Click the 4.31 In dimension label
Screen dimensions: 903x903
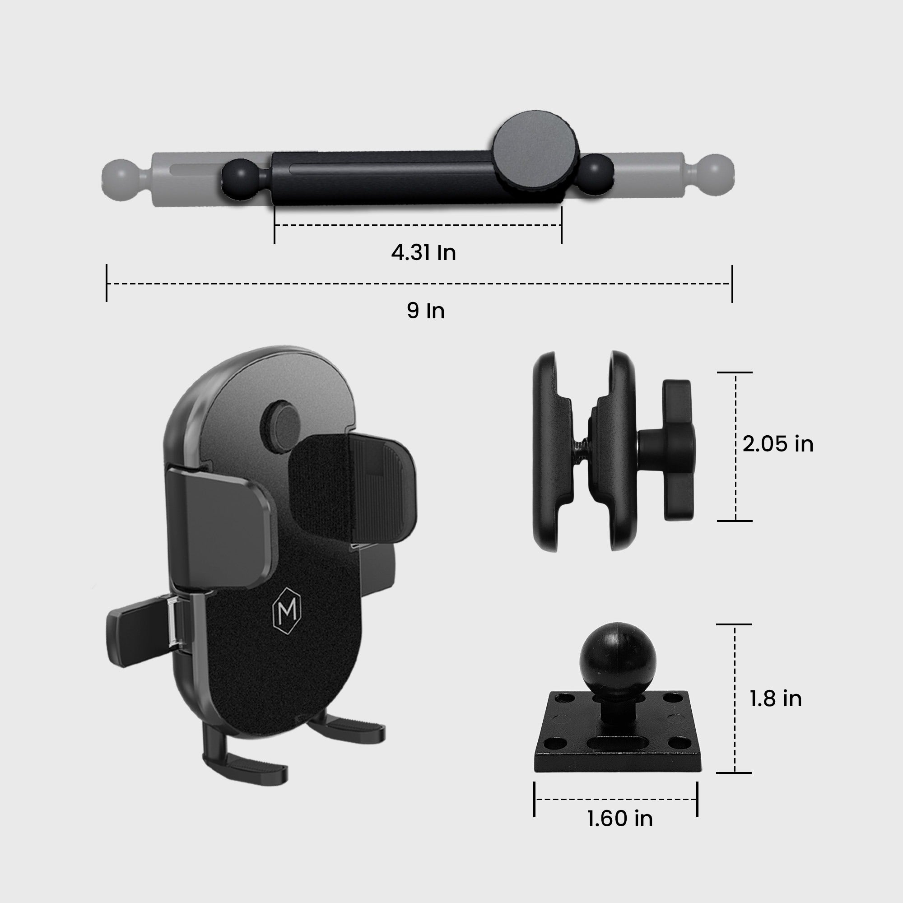[x=423, y=253]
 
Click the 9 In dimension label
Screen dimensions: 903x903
[x=425, y=311]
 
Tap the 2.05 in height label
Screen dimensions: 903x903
[x=778, y=443]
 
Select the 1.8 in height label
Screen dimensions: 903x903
[x=775, y=712]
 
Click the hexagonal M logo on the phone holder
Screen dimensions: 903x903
[x=287, y=609]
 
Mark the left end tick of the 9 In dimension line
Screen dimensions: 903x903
[x=107, y=283]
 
